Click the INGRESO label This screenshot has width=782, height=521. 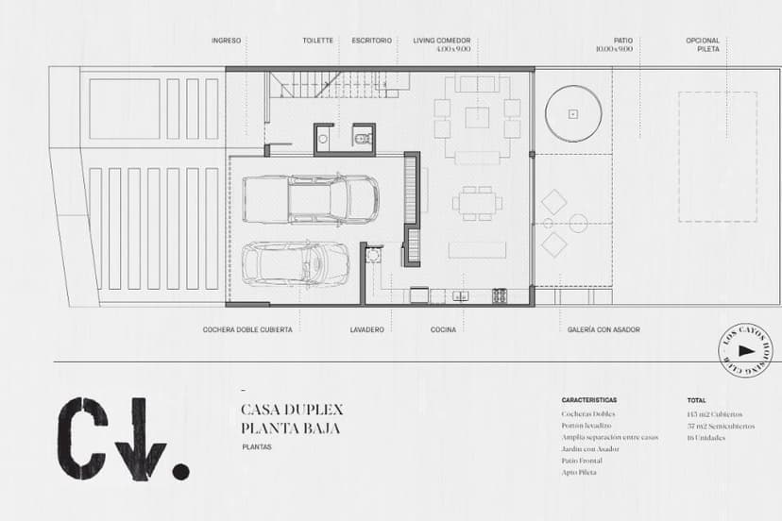[x=226, y=41]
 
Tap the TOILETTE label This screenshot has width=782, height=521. [x=317, y=41]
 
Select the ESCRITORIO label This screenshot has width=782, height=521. [x=371, y=41]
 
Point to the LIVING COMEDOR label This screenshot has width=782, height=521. [x=441, y=41]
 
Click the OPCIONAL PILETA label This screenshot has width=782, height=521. [x=703, y=44]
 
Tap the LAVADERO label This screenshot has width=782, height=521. [x=366, y=329]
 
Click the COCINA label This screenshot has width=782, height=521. [x=443, y=329]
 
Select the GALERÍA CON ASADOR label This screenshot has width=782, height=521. [x=603, y=329]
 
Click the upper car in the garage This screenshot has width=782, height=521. [x=311, y=198]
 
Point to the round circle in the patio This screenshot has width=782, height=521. [x=572, y=113]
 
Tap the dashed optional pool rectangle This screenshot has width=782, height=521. [x=718, y=156]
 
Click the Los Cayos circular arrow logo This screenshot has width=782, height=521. [x=745, y=351]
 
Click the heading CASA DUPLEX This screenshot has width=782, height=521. [x=292, y=410]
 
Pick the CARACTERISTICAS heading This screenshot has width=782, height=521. [x=588, y=400]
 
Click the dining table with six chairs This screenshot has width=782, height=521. [x=477, y=200]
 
